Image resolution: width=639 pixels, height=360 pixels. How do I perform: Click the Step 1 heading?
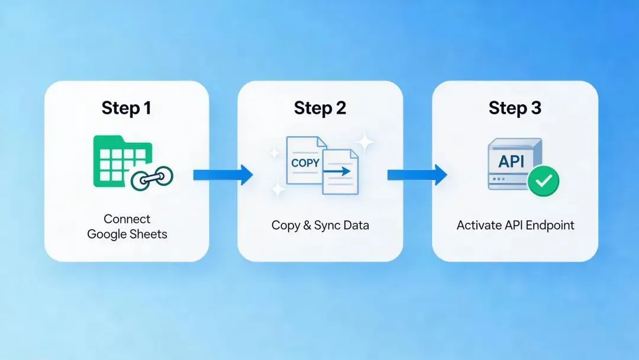pyautogui.click(x=126, y=108)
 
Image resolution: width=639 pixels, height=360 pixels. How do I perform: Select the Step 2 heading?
pyautogui.click(x=320, y=108)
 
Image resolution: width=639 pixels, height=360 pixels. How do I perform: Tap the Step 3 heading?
pyautogui.click(x=515, y=108)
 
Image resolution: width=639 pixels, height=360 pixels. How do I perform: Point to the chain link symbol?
pyautogui.click(x=151, y=178)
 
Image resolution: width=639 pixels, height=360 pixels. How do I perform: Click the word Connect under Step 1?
pyautogui.click(x=127, y=218)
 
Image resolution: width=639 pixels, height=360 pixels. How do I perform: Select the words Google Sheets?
pyautogui.click(x=127, y=234)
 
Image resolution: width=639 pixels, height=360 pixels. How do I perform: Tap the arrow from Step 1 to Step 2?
pyautogui.click(x=222, y=174)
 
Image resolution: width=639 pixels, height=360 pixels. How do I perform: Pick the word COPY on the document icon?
pyautogui.click(x=305, y=162)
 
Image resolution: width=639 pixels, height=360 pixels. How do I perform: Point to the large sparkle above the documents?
pyautogui.click(x=364, y=142)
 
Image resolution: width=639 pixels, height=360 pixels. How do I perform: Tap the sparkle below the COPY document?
pyautogui.click(x=276, y=191)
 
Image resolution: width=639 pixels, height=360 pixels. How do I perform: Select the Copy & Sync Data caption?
pyautogui.click(x=320, y=225)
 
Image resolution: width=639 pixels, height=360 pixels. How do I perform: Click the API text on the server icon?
pyautogui.click(x=512, y=160)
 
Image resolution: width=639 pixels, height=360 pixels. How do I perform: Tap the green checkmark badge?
pyautogui.click(x=543, y=180)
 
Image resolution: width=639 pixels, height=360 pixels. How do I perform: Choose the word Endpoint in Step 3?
pyautogui.click(x=550, y=225)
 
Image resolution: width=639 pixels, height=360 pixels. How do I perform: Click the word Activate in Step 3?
pyautogui.click(x=477, y=225)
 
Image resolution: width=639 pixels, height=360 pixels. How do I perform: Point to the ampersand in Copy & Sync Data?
pyautogui.click(x=305, y=225)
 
